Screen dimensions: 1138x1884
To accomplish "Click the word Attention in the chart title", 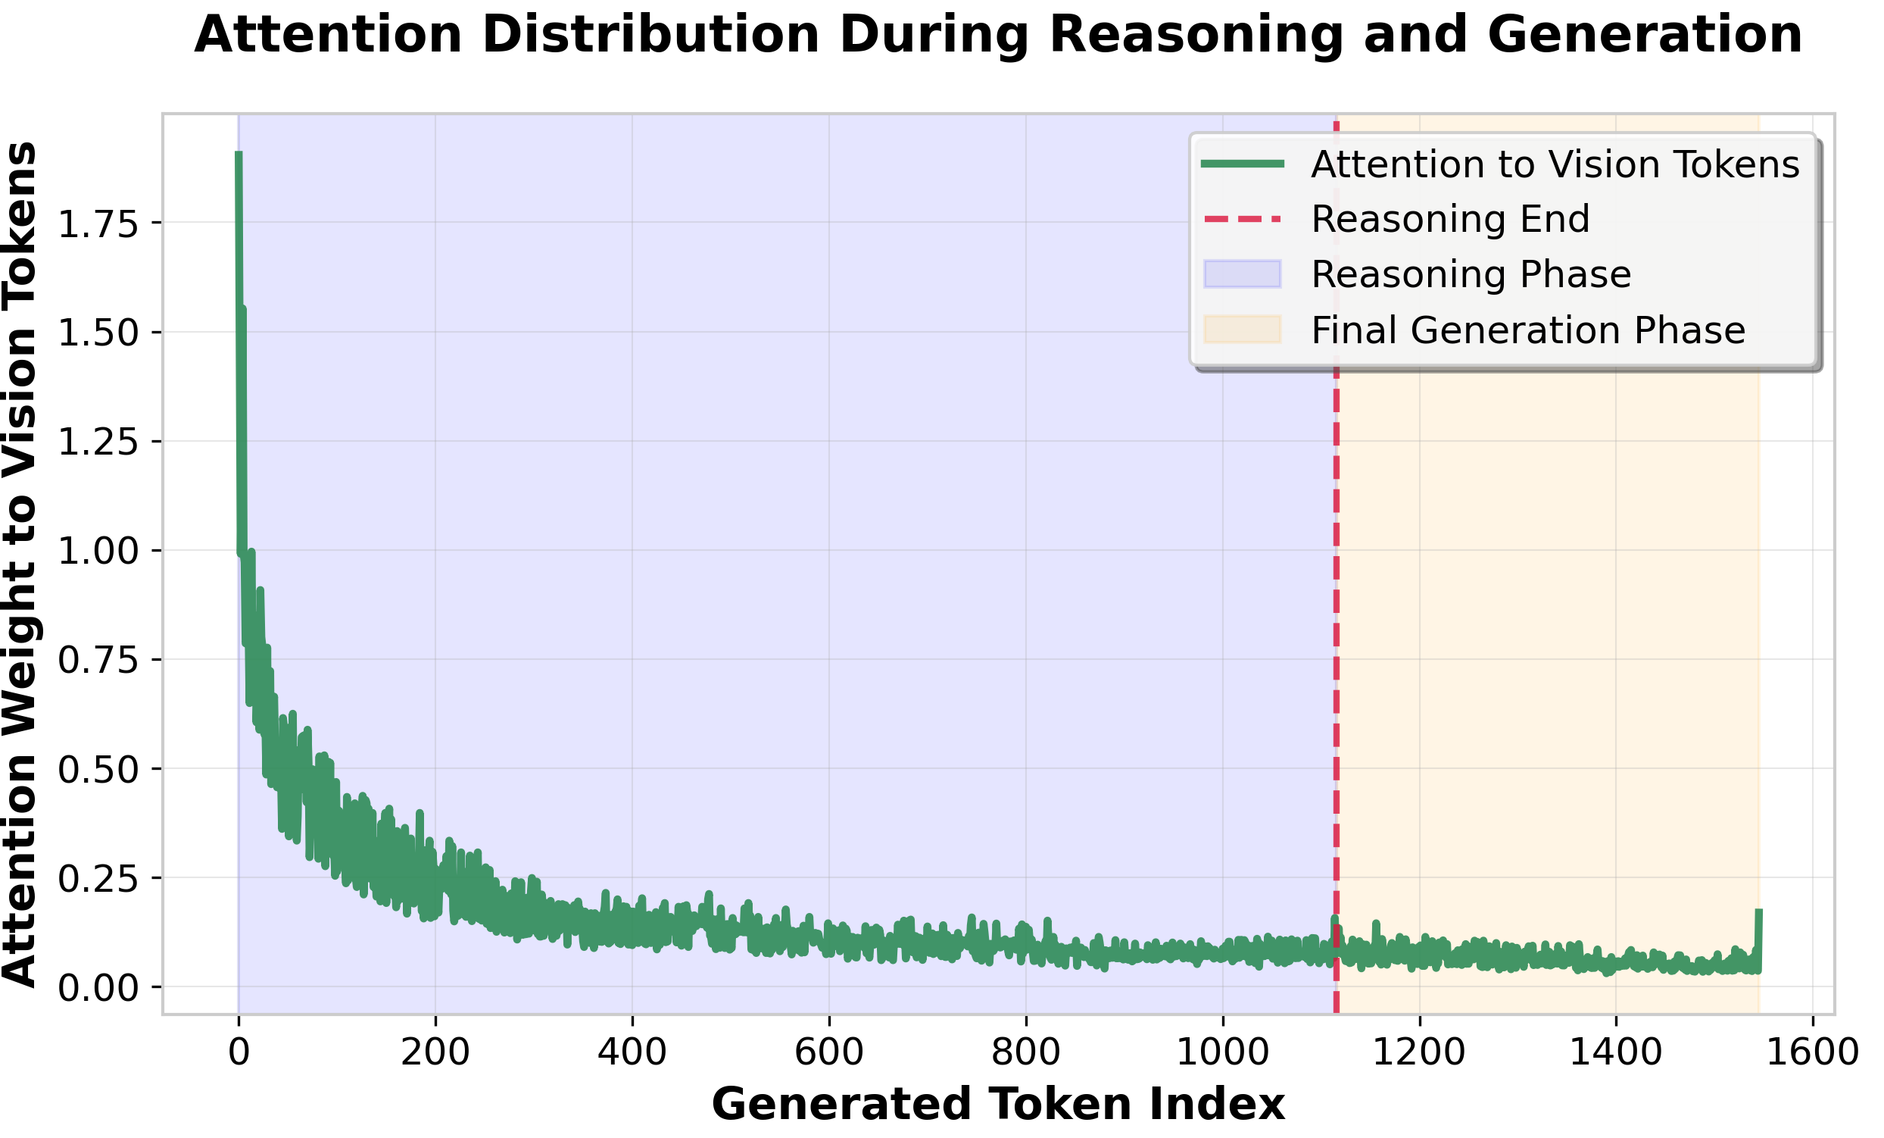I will (328, 35).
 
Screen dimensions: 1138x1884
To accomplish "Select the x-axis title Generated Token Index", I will (998, 1105).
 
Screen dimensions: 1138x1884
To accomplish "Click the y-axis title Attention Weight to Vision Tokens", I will (20, 564).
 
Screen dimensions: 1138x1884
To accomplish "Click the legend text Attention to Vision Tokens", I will (1555, 164).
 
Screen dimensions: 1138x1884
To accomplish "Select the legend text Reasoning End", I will (1450, 220).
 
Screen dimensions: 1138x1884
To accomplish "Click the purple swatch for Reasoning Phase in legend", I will (1242, 274).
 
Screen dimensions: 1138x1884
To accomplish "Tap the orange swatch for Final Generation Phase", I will (1242, 330).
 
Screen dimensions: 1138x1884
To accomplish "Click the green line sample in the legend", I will (1242, 164).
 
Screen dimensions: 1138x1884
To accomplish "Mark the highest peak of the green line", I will (239, 155).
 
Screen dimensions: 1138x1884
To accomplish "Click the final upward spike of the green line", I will (1758, 912).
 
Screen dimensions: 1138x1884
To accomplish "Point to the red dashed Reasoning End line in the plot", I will (1336, 612).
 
